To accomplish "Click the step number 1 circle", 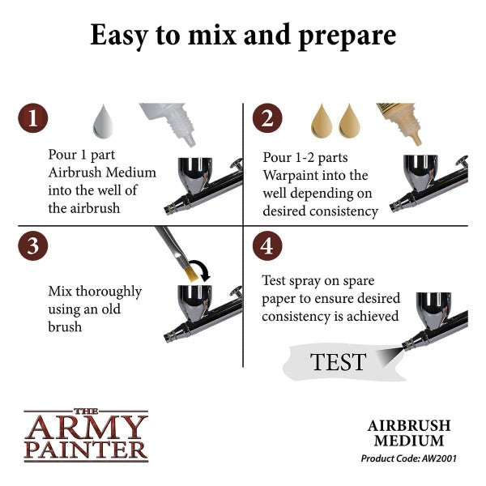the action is (x=33, y=118).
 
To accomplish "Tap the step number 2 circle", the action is (x=267, y=118).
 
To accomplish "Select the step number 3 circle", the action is (x=33, y=245).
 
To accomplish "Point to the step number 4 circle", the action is (x=267, y=245).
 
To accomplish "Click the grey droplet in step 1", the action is (x=103, y=122).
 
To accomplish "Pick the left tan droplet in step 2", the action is (x=322, y=121).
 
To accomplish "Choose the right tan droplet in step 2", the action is (x=349, y=121).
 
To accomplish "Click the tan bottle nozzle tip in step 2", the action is (x=418, y=140).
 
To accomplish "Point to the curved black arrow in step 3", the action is (x=203, y=269).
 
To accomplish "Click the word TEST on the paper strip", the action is (x=338, y=362).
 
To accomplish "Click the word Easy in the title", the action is (x=119, y=36).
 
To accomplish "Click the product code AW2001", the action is (x=439, y=458).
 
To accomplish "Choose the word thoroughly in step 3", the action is (x=109, y=292).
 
